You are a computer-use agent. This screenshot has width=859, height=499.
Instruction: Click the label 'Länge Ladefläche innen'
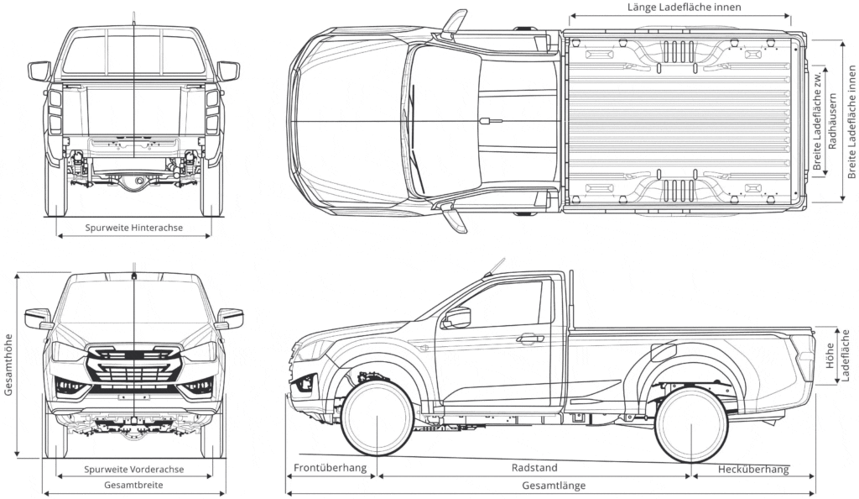[684, 8]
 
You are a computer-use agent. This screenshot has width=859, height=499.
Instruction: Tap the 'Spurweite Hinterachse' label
[134, 228]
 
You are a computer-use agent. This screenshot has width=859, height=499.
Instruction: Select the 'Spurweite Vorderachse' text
[134, 470]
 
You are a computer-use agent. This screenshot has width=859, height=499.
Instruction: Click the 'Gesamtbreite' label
[134, 486]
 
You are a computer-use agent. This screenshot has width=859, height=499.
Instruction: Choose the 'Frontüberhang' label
[330, 468]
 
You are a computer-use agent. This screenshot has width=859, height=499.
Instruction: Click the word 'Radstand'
[534, 468]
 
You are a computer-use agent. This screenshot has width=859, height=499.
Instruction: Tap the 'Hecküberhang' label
[753, 469]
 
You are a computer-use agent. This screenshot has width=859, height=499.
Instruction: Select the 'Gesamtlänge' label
[554, 486]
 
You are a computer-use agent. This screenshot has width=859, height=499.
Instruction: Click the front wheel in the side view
[377, 418]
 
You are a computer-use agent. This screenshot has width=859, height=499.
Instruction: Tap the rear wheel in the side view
[691, 424]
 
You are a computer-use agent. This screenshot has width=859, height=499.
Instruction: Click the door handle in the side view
[529, 339]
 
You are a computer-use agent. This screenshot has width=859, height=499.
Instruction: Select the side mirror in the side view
[457, 318]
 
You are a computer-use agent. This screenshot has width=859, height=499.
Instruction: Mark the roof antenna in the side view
[493, 267]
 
